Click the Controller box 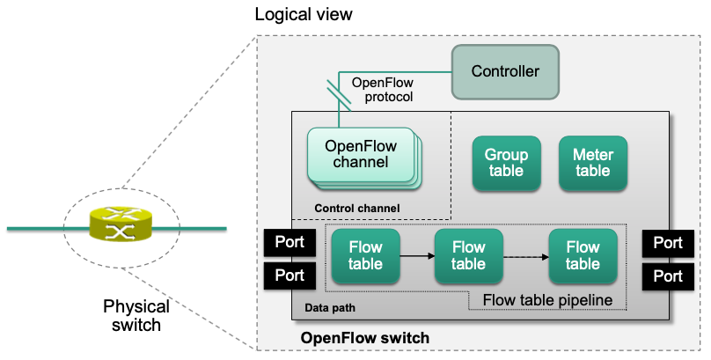pyautogui.click(x=506, y=71)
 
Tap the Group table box pyautogui.click(x=506, y=164)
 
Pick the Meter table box pyautogui.click(x=592, y=164)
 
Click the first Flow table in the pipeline pyautogui.click(x=365, y=256)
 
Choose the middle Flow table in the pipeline pyautogui.click(x=468, y=256)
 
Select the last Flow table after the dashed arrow pyautogui.click(x=583, y=256)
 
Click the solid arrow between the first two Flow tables pyautogui.click(x=417, y=256)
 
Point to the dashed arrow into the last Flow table pyautogui.click(x=525, y=256)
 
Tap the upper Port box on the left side pyautogui.click(x=290, y=242)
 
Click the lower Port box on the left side pyautogui.click(x=290, y=276)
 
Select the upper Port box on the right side pyautogui.click(x=668, y=242)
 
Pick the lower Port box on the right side pyautogui.click(x=668, y=276)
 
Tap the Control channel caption pyautogui.click(x=356, y=208)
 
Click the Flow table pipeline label pyautogui.click(x=547, y=300)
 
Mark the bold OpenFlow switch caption pyautogui.click(x=364, y=338)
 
